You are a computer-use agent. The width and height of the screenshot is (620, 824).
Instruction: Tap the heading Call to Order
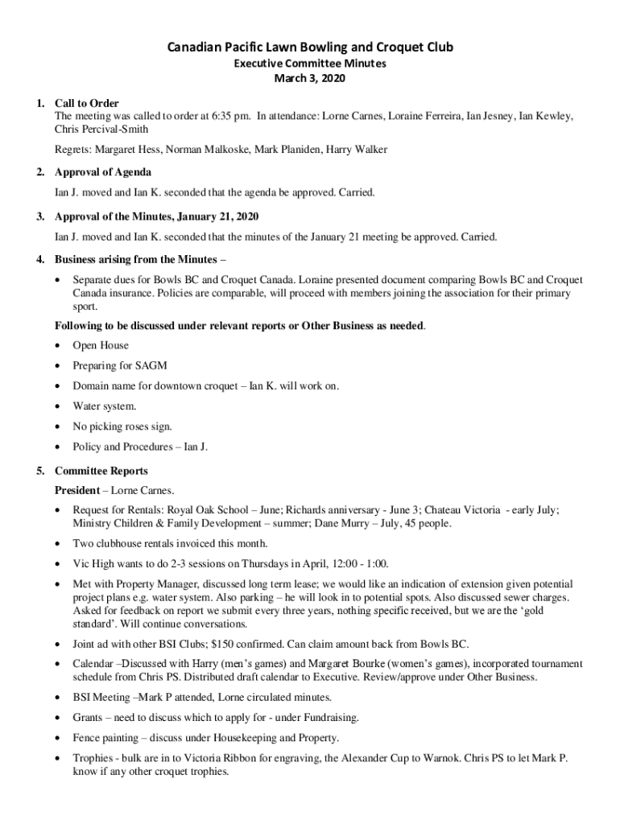[x=87, y=103]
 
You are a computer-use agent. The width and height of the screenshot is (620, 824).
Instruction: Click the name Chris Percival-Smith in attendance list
[x=101, y=129]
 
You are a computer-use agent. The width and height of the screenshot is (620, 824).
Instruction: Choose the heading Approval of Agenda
[x=103, y=172]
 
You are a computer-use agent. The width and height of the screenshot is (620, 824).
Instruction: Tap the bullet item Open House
[x=101, y=345]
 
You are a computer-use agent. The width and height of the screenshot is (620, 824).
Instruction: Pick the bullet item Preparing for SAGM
[x=120, y=365]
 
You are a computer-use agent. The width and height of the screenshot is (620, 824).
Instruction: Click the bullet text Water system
[x=105, y=406]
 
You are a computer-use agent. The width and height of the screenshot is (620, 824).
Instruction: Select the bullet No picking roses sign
[x=122, y=426]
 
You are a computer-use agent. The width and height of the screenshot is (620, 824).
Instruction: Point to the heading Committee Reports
[x=101, y=470]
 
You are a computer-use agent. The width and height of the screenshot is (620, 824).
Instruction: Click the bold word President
[x=77, y=490]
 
